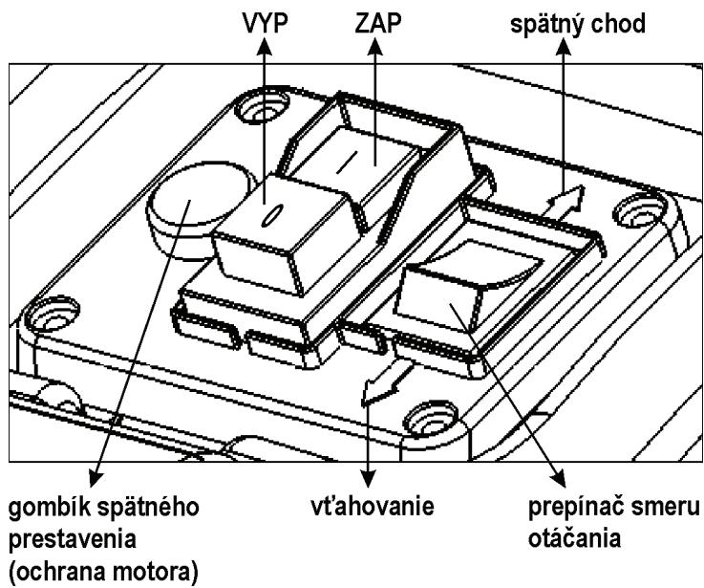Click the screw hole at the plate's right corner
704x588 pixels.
click(637, 207)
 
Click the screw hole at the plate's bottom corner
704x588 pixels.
click(424, 419)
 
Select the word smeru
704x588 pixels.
click(659, 503)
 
